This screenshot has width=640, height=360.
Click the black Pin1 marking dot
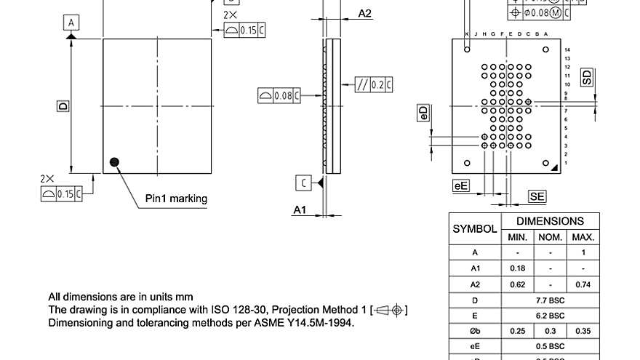point(114,162)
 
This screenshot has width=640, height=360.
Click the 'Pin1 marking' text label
point(176,199)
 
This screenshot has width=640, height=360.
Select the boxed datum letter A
point(71,23)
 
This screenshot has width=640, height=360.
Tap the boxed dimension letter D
point(63,106)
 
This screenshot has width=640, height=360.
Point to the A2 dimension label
point(365,14)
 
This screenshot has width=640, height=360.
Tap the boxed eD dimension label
point(423,113)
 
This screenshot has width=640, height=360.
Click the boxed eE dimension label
point(460,186)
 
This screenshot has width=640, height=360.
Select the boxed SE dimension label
point(537,196)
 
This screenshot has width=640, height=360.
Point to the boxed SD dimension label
point(587,77)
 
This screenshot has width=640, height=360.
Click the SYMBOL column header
point(475,228)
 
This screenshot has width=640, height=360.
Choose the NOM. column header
point(551,237)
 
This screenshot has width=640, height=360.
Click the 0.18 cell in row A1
point(518,268)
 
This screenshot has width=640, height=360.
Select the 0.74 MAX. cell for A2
point(583,284)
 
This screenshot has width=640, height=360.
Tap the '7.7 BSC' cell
point(551,300)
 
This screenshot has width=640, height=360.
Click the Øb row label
point(475,331)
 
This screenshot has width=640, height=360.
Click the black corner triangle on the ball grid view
point(554,167)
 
